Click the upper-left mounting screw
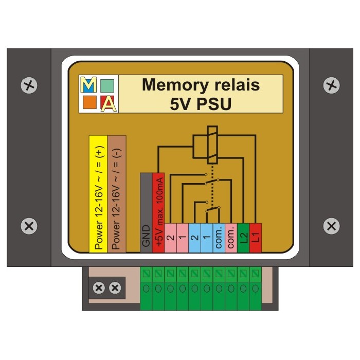pos(30,84)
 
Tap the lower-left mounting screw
pos(30,225)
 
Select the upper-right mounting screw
pos(332,84)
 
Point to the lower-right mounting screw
pos(332,225)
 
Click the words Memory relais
pos(201,85)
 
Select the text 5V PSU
pos(201,103)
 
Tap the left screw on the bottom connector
pos(98,289)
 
